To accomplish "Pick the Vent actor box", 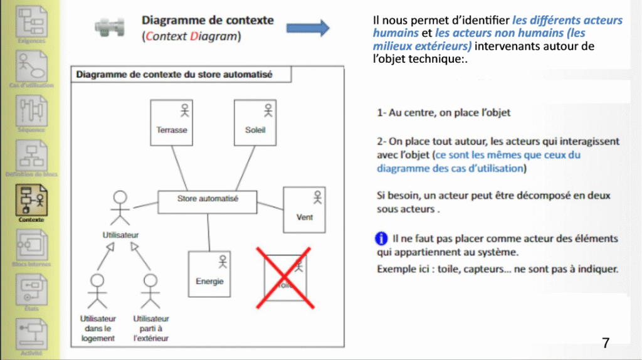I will tap(304, 209).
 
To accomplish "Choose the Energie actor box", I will tap(209, 273).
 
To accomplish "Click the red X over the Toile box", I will tap(285, 277).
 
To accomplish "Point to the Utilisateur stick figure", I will tap(120, 208).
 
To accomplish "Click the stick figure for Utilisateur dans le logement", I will tap(97, 289).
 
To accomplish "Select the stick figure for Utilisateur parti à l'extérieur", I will tap(150, 289).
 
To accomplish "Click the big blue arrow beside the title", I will tap(308, 28).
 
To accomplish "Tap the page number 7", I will tap(605, 342).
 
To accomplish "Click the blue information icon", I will tap(381, 238).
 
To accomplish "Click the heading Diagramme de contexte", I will tap(208, 20).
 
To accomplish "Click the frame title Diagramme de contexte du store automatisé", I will tap(174, 75).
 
